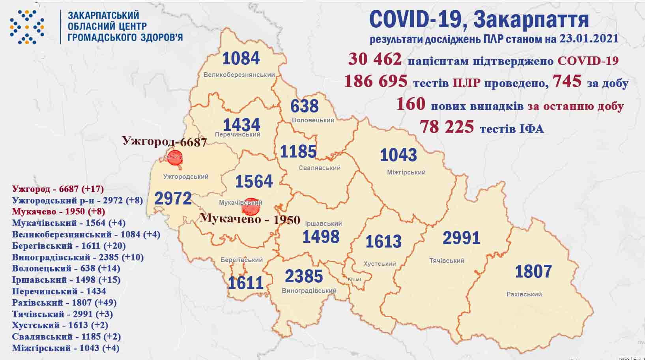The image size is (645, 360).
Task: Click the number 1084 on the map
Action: (241, 58)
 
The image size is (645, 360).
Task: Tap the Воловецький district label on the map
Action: (313, 120)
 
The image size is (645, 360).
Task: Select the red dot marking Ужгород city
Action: (174, 158)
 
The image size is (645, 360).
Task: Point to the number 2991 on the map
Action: (461, 238)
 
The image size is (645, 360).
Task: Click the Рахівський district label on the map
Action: (524, 294)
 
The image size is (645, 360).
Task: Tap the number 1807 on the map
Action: (533, 272)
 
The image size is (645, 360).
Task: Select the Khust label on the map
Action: (354, 279)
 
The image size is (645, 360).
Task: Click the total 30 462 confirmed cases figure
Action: (375, 60)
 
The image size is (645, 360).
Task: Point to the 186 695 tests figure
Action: (376, 81)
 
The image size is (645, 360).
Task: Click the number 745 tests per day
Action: (567, 81)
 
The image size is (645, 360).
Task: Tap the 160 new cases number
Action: (410, 104)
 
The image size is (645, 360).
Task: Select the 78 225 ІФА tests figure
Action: (447, 127)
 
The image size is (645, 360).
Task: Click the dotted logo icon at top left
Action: (27, 27)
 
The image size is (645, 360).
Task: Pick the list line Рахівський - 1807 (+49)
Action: (64, 303)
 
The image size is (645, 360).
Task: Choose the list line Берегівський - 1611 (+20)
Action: (69, 246)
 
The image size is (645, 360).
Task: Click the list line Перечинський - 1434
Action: (59, 291)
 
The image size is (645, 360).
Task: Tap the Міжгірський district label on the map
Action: (406, 172)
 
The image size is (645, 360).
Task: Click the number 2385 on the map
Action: (304, 276)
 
